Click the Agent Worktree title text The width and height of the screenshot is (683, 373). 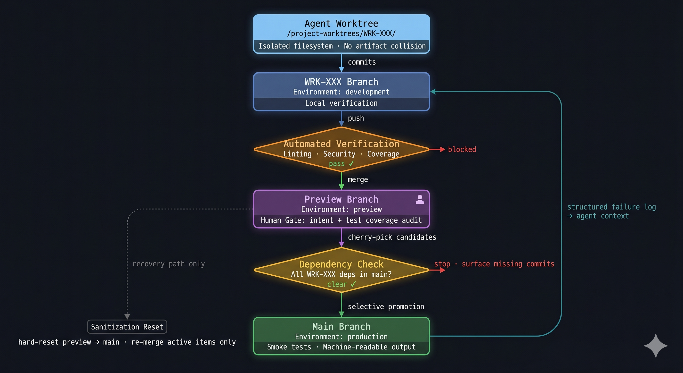click(x=341, y=23)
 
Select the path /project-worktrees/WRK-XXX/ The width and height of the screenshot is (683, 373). click(x=341, y=34)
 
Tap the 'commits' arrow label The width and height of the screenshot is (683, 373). click(x=362, y=62)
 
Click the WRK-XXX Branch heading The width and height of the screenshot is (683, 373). click(x=341, y=82)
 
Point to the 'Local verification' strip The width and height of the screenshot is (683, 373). click(x=341, y=103)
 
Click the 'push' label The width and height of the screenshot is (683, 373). click(x=356, y=118)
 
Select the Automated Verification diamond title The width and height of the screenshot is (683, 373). click(x=341, y=144)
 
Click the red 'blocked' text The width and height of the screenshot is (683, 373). click(x=462, y=149)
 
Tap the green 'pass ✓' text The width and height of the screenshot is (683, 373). click(x=341, y=163)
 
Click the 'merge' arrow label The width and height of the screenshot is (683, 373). click(x=358, y=179)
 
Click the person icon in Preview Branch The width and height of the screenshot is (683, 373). click(x=420, y=199)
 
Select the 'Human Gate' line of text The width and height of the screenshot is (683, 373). click(x=341, y=220)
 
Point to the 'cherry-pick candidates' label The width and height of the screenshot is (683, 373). click(x=392, y=237)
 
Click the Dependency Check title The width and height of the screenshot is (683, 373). click(x=341, y=264)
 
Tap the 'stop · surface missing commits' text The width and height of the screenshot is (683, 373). click(x=494, y=264)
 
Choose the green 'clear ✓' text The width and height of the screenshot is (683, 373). click(x=341, y=284)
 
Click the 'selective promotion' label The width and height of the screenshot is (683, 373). click(x=386, y=307)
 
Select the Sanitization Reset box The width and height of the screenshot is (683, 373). click(x=127, y=327)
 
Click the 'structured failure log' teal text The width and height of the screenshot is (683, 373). click(x=611, y=207)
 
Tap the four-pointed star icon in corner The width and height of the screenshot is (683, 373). click(x=656, y=346)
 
